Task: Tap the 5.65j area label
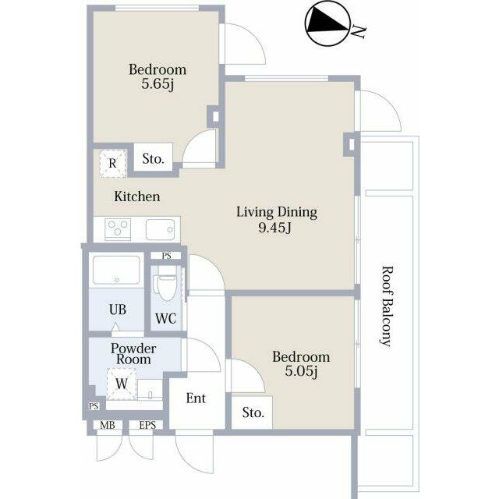point(157,85)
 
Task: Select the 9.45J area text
point(275,228)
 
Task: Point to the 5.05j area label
point(301,371)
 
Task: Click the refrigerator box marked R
point(113,163)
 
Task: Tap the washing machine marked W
point(122,384)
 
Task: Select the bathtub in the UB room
point(116,270)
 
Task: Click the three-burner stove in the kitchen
point(118,228)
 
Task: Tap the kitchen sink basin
point(161,229)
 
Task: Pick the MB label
point(108,425)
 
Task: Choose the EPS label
point(147,425)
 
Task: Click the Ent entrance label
point(196,398)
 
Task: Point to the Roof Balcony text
point(387,306)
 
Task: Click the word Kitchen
point(137,196)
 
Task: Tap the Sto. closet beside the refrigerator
point(153,157)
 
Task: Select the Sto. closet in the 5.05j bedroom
point(252,412)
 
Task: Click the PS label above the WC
point(166,256)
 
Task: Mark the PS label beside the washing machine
point(94,406)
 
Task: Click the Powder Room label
point(133,354)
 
